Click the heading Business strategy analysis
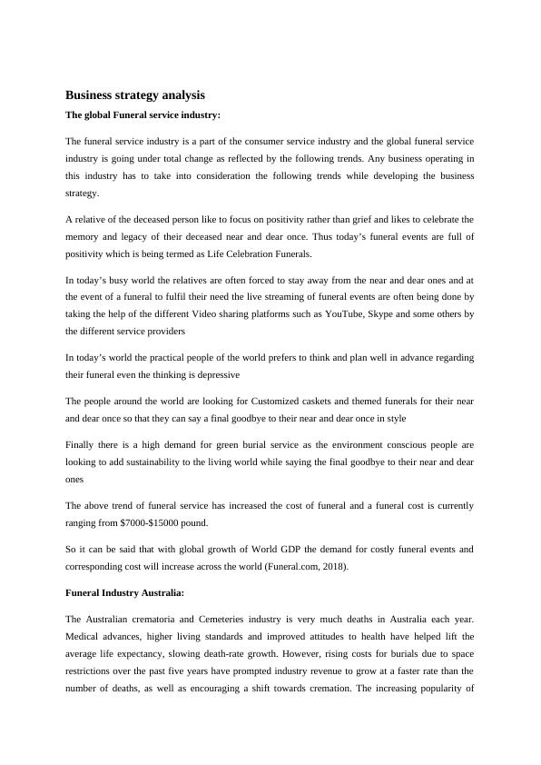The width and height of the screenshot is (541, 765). (x=135, y=94)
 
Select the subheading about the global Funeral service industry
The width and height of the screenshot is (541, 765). (x=143, y=115)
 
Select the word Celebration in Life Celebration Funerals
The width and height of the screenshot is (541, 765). (x=238, y=253)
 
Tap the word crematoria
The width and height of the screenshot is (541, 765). (x=146, y=620)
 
